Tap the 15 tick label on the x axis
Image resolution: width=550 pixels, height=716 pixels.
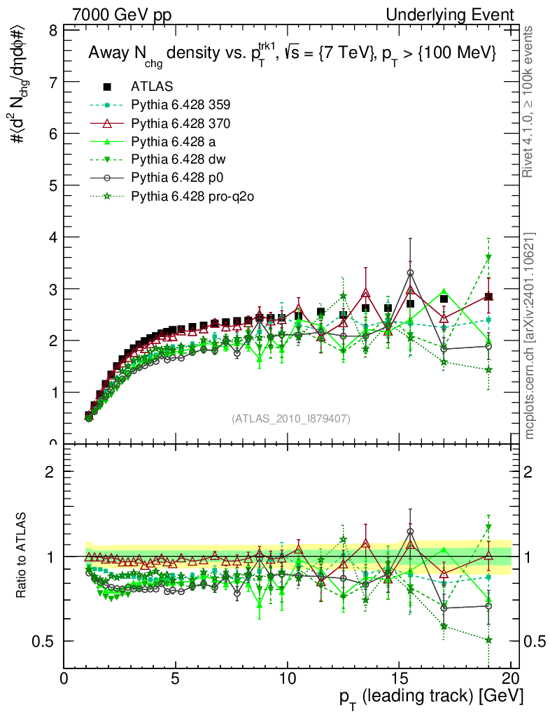398,680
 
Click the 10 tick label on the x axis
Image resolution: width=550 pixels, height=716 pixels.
287,680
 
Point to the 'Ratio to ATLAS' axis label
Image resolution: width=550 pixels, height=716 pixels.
22,557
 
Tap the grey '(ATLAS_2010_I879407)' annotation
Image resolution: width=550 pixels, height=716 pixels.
291,418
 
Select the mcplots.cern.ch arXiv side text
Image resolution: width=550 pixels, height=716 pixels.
530,336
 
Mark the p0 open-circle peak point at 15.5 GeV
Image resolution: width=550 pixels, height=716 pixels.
411,273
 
